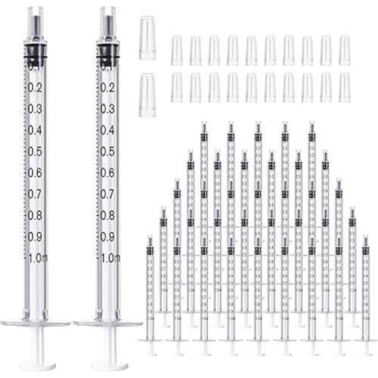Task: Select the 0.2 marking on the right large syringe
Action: [x=107, y=87]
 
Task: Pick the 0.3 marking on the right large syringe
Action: [x=107, y=108]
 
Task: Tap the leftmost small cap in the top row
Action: [x=177, y=50]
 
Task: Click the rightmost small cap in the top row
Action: [x=345, y=50]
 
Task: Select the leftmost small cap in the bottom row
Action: [x=177, y=87]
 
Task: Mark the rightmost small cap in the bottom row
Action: [x=345, y=87]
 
